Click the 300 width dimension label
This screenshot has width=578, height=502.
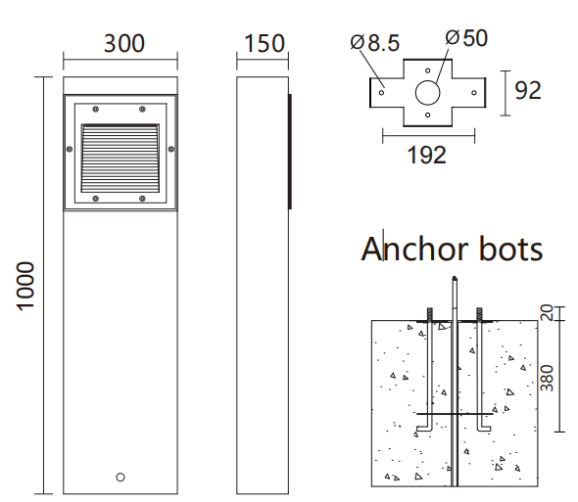tap(123, 44)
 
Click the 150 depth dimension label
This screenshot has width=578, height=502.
tap(265, 44)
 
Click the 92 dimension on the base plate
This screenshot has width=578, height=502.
tap(528, 90)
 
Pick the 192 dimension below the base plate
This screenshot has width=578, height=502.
tap(426, 154)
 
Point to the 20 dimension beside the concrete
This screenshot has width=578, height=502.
tap(550, 312)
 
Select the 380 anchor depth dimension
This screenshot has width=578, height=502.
tap(550, 377)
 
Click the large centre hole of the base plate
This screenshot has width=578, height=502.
tap(428, 94)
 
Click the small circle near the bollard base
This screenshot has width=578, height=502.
tap(120, 477)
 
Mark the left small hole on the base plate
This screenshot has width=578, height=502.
tap(383, 94)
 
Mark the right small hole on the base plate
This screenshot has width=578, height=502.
tap(474, 94)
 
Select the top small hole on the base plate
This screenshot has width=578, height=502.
tap(428, 71)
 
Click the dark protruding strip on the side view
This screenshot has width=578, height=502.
tap(289, 151)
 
